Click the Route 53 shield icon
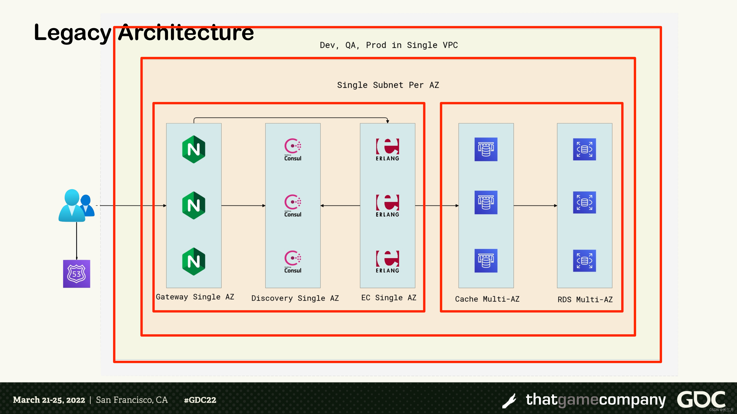pos(76,274)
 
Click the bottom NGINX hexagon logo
pos(194,261)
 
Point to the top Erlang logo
pos(387,150)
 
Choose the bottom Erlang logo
pos(387,262)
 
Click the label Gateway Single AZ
pos(195,297)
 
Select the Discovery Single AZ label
pos(295,298)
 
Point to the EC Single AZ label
pos(389,298)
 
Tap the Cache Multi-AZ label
pos(487,299)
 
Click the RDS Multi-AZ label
pos(585,300)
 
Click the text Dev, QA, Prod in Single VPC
pos(389,45)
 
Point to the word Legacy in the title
pos(72,32)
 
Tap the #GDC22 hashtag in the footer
pos(200,400)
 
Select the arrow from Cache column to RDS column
pos(535,206)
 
